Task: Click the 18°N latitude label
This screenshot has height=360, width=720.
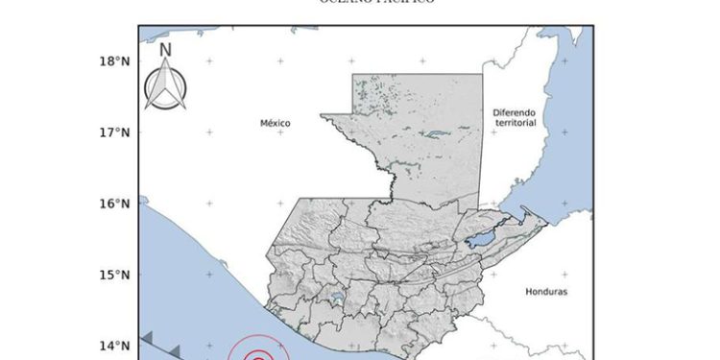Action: click(114, 61)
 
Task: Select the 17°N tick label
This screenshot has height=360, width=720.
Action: click(114, 132)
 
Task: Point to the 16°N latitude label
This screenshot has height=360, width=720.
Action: click(114, 204)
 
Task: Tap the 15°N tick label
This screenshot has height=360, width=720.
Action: click(114, 275)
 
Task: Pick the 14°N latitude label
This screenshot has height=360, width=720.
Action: click(114, 346)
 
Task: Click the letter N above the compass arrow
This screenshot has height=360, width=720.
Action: click(165, 50)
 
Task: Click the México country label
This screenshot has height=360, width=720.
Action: click(275, 123)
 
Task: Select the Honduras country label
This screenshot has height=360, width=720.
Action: click(547, 290)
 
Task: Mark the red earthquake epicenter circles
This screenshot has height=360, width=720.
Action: click(256, 354)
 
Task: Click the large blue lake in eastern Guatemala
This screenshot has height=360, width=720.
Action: click(481, 236)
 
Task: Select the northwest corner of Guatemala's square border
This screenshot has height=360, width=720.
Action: click(352, 75)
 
